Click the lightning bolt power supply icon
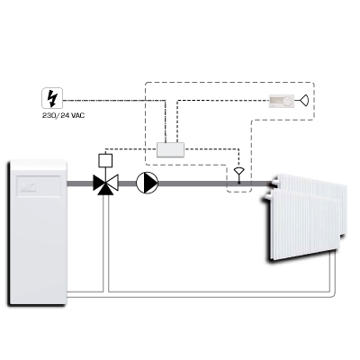point(52,98)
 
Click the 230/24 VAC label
point(63,115)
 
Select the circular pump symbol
point(147,183)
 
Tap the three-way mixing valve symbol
point(105,184)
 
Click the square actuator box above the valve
point(105,160)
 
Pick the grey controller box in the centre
point(170,149)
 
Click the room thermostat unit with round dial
point(282,101)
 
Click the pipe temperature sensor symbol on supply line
point(239,175)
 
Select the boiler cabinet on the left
point(37,233)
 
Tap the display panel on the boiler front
point(39,186)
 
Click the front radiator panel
point(303,224)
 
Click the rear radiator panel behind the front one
point(312,189)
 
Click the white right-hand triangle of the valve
point(113,183)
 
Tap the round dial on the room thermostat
point(288,101)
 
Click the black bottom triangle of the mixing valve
point(105,190)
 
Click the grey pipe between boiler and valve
point(80,184)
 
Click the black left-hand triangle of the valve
point(98,183)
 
